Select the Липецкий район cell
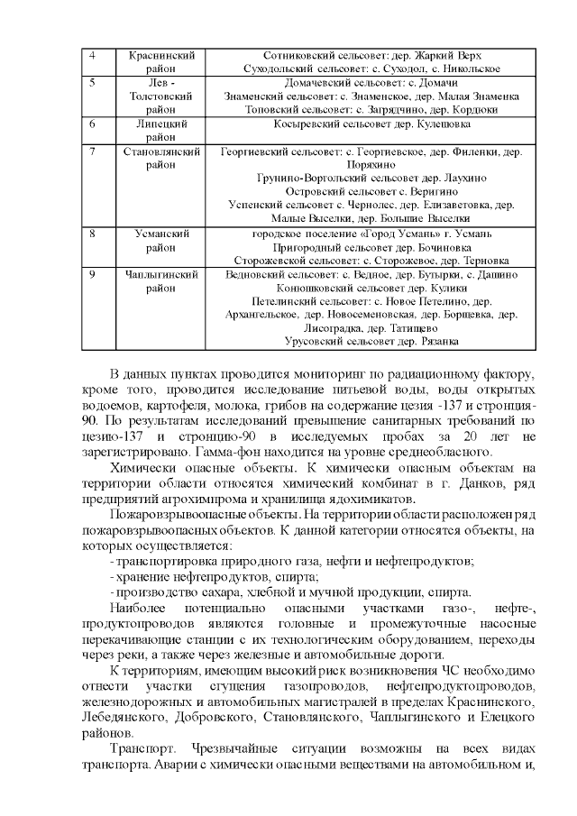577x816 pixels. [x=161, y=130]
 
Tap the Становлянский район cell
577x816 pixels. [x=161, y=159]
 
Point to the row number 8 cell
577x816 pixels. [x=98, y=233]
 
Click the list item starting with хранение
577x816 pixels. [x=216, y=576]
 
